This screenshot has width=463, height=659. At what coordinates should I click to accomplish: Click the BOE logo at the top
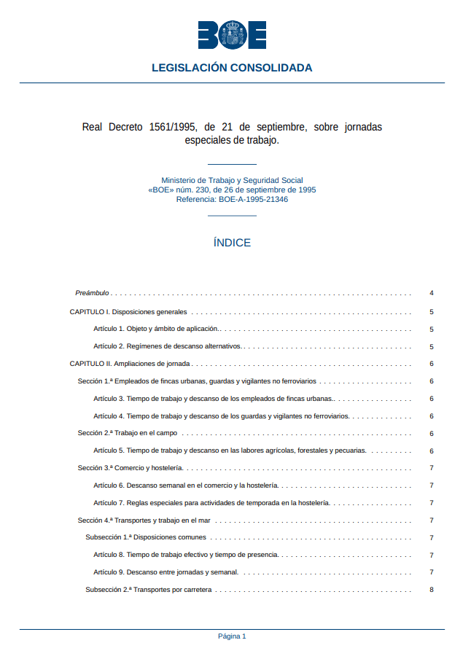[x=232, y=34]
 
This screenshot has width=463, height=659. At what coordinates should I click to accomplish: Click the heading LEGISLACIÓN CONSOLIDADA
[x=232, y=68]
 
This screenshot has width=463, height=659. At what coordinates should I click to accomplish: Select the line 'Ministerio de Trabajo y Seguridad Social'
[x=232, y=180]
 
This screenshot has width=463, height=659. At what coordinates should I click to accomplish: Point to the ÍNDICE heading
[x=232, y=243]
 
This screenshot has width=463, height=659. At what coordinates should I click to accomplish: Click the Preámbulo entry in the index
[x=92, y=293]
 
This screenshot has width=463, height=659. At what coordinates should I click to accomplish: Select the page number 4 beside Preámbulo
[x=432, y=293]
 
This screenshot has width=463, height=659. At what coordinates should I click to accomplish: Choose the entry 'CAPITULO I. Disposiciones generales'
[x=128, y=312]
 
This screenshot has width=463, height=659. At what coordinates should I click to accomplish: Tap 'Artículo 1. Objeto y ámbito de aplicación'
[x=156, y=329]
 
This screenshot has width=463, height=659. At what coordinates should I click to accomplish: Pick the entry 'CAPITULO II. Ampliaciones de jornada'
[x=130, y=364]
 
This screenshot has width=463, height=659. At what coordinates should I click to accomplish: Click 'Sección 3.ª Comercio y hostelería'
[x=130, y=468]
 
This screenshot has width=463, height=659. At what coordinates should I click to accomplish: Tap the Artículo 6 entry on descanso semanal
[x=186, y=486]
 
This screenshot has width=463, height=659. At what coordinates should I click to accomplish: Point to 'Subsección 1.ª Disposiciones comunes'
[x=146, y=538]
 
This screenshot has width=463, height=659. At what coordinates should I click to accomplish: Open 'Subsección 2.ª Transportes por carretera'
[x=149, y=590]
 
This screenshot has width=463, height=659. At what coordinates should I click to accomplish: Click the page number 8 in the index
[x=432, y=590]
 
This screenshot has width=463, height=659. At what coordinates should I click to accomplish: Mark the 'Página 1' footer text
[x=232, y=636]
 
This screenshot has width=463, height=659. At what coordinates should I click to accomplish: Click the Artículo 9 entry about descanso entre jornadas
[x=166, y=572]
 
